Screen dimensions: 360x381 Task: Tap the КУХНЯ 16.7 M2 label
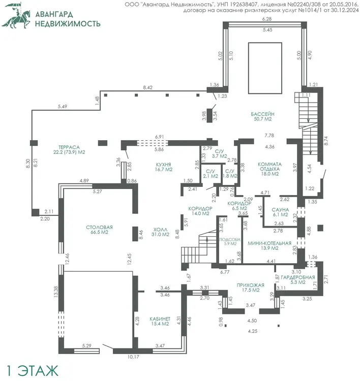coord(163,167)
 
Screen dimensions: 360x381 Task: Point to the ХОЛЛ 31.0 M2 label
coord(160,232)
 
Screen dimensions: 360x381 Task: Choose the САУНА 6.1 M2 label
coord(280,212)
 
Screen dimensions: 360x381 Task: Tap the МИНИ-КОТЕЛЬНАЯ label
coord(269,243)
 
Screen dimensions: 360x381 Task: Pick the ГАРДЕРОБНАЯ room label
coord(298,277)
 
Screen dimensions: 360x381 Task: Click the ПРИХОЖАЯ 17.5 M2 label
coord(251,288)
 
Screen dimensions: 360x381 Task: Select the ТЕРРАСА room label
coord(69,147)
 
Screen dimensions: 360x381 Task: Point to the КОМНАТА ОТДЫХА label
coord(269,167)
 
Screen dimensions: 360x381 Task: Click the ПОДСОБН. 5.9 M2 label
coord(230,241)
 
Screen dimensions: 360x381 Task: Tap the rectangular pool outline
coord(248,68)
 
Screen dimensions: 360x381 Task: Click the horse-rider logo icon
coord(16,16)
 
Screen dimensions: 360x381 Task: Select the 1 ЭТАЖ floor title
coord(32,370)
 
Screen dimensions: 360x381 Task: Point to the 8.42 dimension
coord(147,87)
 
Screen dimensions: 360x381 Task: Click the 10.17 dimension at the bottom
coord(133,357)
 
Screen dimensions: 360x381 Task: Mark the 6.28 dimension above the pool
coord(267,19)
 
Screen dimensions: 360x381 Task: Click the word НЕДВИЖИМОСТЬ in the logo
coord(68,23)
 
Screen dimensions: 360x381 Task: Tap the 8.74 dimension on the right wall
coord(326,141)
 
